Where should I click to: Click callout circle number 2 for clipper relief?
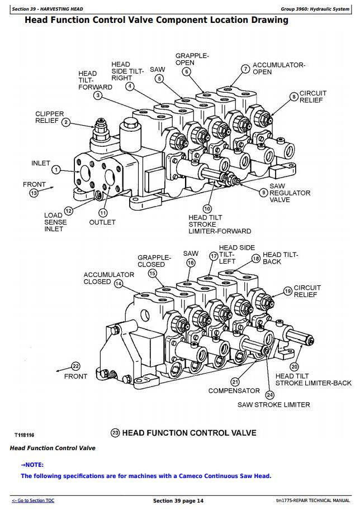tap(66, 122)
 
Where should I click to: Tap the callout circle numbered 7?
tap(245, 69)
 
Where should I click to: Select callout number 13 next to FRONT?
tap(34, 193)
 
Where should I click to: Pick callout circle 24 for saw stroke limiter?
tap(270, 395)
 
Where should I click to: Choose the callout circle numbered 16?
tap(191, 262)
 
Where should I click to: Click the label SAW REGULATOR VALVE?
tap(290, 193)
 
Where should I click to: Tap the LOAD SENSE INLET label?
tap(55, 222)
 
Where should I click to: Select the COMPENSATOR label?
tap(234, 391)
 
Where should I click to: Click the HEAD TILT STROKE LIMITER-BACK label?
tap(313, 380)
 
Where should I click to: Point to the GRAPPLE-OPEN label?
tap(192, 59)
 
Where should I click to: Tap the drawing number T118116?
tap(25, 434)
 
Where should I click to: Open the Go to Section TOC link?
tap(33, 500)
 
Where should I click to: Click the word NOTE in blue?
tap(34, 465)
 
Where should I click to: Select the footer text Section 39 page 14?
tap(178, 501)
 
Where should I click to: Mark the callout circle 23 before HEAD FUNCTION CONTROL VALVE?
tap(116, 433)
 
